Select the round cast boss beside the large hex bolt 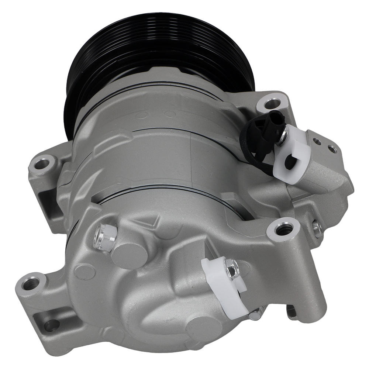(x=129, y=255)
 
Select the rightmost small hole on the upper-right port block (x=332, y=149)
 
